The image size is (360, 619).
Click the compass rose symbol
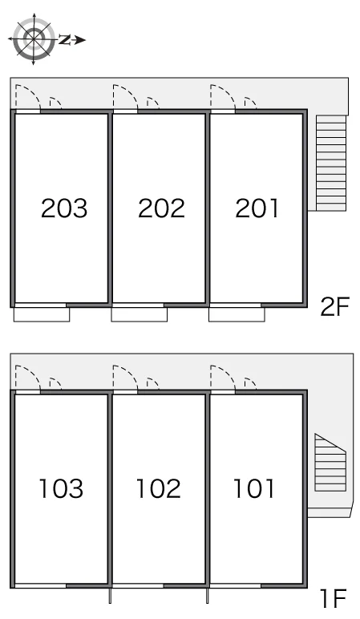pyautogui.click(x=34, y=39)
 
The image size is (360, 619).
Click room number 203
pyautogui.click(x=64, y=208)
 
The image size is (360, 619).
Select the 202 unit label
pyautogui.click(x=161, y=208)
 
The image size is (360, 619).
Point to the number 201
pyautogui.click(x=257, y=208)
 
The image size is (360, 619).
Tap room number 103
pyautogui.click(x=61, y=488)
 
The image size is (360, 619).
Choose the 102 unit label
pyautogui.click(x=158, y=488)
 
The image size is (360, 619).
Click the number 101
pyautogui.click(x=254, y=488)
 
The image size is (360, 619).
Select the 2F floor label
pyautogui.click(x=335, y=307)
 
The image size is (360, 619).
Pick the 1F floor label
pyautogui.click(x=334, y=598)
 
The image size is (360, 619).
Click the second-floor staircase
pyautogui.click(x=331, y=163)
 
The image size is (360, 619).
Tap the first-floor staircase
pyautogui.click(x=330, y=463)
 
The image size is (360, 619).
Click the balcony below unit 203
pyautogui.click(x=42, y=314)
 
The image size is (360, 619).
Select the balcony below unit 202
pyautogui.click(x=140, y=314)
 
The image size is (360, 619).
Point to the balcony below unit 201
pyautogui.click(x=237, y=314)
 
